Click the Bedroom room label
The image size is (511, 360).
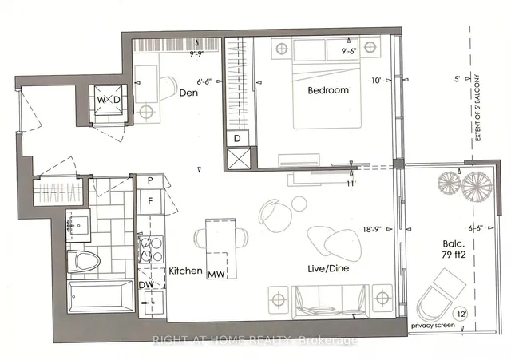pos(329,91)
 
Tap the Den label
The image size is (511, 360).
pos(188,92)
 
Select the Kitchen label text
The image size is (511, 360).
pos(184,271)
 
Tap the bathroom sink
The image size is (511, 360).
pos(78,225)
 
